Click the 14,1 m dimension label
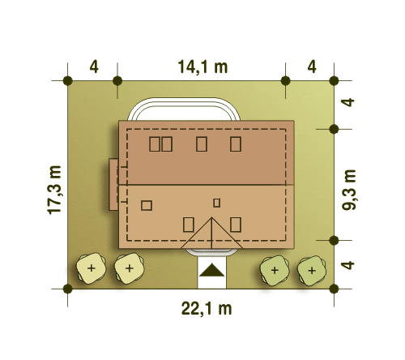pyautogui.click(x=202, y=66)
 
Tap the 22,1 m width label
pyautogui.click(x=207, y=309)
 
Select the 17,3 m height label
pyautogui.click(x=54, y=190)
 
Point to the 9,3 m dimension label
pyautogui.click(x=349, y=190)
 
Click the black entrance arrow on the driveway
pyautogui.click(x=211, y=270)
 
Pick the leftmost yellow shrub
pyautogui.click(x=91, y=268)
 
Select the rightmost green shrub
pyautogui.click(x=312, y=271)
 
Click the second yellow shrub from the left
pyautogui.click(x=130, y=268)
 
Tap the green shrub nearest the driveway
pyautogui.click(x=275, y=270)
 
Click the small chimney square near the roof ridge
pyautogui.click(x=216, y=203)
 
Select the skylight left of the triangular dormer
pyautogui.click(x=189, y=225)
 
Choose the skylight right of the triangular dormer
pyautogui.click(x=236, y=225)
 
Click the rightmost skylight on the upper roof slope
pyautogui.click(x=236, y=144)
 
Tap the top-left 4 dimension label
pyautogui.click(x=94, y=66)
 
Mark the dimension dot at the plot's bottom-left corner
pyautogui.click(x=67, y=289)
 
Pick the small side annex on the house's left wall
pyautogui.click(x=113, y=184)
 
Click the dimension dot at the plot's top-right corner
pyautogui.click(x=334, y=80)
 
